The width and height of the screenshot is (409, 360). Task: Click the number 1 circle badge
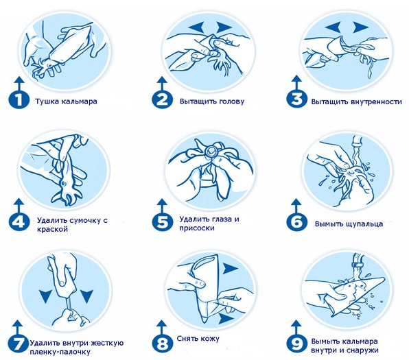(19, 100)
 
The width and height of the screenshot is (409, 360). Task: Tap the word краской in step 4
(52, 230)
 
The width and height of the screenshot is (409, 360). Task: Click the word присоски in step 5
(197, 228)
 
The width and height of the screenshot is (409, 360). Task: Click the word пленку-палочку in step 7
(60, 352)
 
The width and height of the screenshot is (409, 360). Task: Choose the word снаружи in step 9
(362, 350)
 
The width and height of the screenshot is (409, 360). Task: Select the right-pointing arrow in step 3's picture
(361, 27)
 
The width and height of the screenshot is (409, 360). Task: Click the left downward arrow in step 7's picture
(47, 296)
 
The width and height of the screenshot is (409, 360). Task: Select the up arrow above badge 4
(19, 206)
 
